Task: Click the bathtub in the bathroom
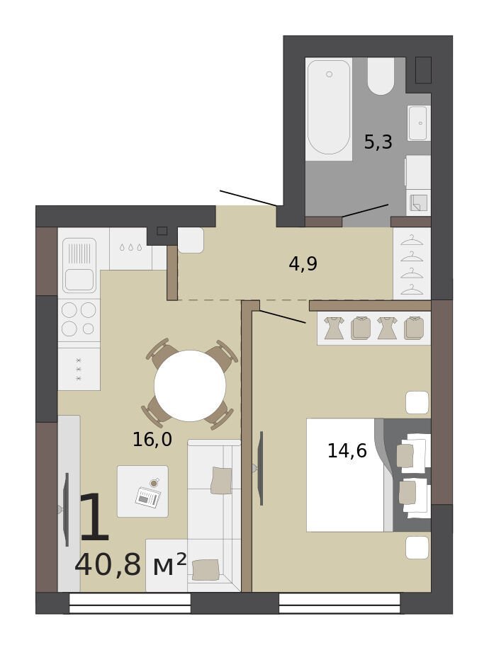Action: (x=329, y=108)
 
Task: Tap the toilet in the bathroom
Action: (x=381, y=76)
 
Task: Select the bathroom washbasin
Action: (x=419, y=123)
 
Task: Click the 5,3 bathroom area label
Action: (x=378, y=142)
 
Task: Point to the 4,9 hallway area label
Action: (x=303, y=263)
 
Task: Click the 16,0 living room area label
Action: (x=152, y=440)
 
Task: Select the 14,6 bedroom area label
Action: (x=347, y=450)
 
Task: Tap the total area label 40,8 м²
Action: (x=130, y=564)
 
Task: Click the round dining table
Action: (x=190, y=385)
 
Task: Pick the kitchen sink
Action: (x=79, y=266)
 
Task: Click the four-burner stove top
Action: (x=79, y=319)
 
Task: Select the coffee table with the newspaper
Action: (x=142, y=491)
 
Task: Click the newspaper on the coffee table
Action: (x=148, y=496)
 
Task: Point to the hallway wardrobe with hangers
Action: (x=412, y=263)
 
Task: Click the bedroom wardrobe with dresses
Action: (x=374, y=328)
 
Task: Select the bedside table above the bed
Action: (x=417, y=402)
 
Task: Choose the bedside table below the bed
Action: (x=417, y=547)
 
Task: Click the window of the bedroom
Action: (x=339, y=603)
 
